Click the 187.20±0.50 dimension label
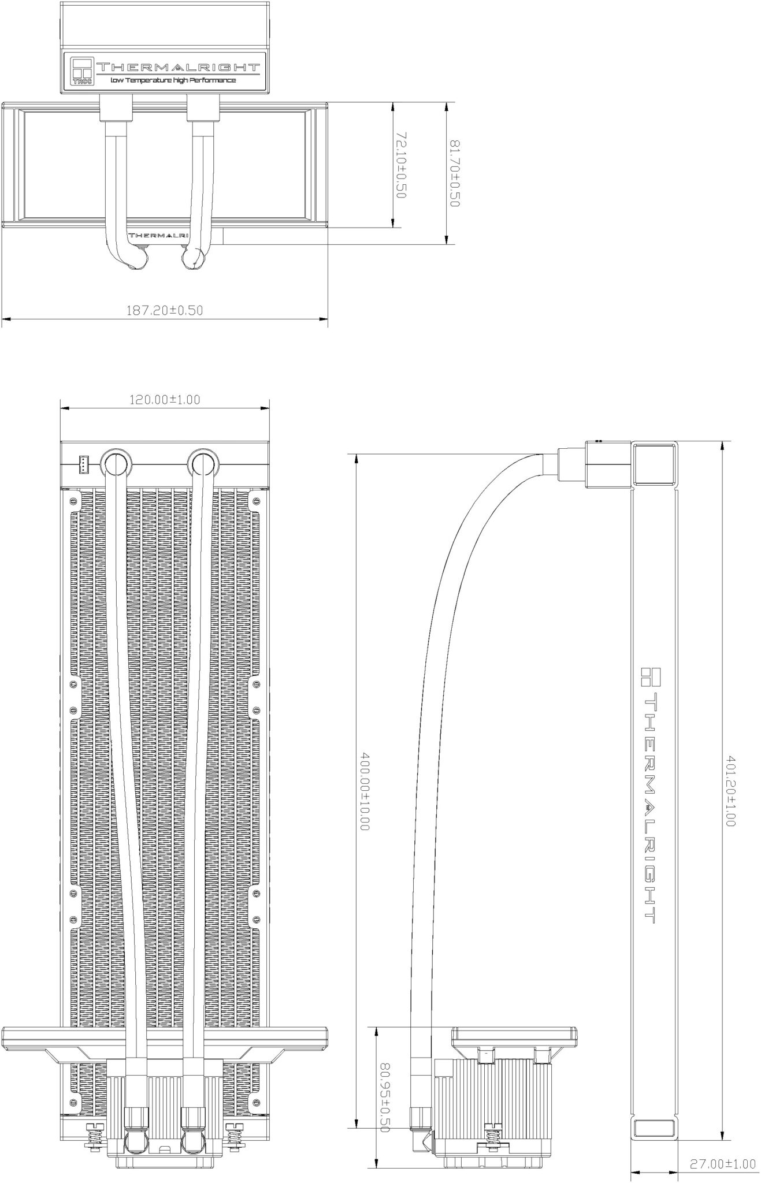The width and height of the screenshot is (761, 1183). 165,310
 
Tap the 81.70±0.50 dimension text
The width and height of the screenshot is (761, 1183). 454,173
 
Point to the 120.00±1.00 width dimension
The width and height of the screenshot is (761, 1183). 165,399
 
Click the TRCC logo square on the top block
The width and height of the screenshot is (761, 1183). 81,71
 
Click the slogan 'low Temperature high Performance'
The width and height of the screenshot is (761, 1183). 173,80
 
